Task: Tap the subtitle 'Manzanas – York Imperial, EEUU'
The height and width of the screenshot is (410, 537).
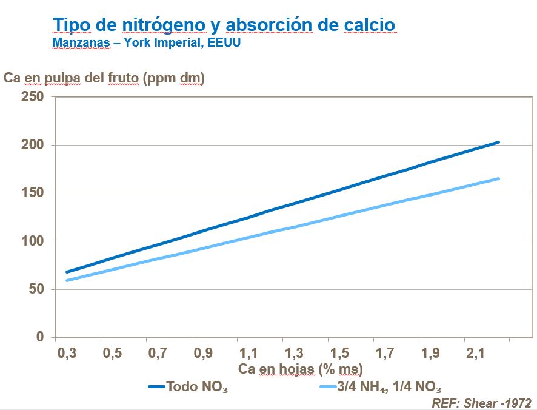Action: tap(147, 45)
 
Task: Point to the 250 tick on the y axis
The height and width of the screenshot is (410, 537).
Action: tap(33, 97)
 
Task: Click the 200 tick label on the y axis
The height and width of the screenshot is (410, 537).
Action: tap(33, 145)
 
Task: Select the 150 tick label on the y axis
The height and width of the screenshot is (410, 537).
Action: tap(33, 193)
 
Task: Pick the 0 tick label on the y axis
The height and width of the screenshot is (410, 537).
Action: tap(41, 337)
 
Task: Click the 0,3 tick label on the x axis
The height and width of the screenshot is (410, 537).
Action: tap(67, 354)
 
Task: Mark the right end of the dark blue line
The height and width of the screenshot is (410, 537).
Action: tap(499, 142)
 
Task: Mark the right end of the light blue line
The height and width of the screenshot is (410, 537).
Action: tap(499, 178)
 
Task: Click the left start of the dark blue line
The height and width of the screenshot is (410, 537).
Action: tap(66, 272)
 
